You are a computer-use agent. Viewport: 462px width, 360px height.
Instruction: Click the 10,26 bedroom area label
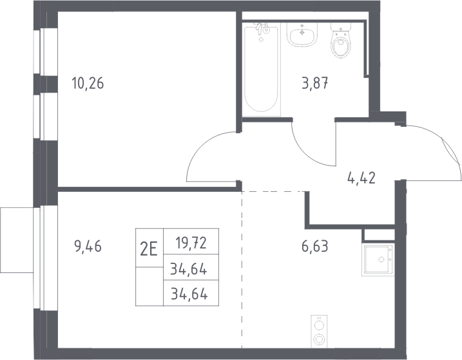(88, 83)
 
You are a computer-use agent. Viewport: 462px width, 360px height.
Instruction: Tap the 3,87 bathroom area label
(315, 83)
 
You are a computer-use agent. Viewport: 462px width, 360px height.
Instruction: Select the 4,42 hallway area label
(361, 178)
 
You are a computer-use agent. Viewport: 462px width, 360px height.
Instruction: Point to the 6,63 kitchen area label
(314, 246)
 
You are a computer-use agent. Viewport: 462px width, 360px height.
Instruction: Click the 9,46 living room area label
(88, 246)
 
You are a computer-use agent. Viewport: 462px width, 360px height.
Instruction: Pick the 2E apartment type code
(149, 251)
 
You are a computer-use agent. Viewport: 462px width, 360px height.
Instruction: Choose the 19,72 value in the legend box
(191, 243)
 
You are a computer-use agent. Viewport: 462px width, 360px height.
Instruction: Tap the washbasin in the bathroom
(302, 35)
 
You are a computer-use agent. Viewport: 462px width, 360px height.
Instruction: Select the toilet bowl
(342, 47)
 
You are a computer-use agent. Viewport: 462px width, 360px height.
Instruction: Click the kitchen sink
(378, 260)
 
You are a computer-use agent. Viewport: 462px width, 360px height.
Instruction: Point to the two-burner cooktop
(319, 332)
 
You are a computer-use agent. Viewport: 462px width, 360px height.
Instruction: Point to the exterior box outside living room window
(17, 240)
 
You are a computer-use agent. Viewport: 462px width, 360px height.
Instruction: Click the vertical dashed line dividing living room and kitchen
(242, 270)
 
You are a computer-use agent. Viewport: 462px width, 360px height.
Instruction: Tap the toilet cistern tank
(342, 27)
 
